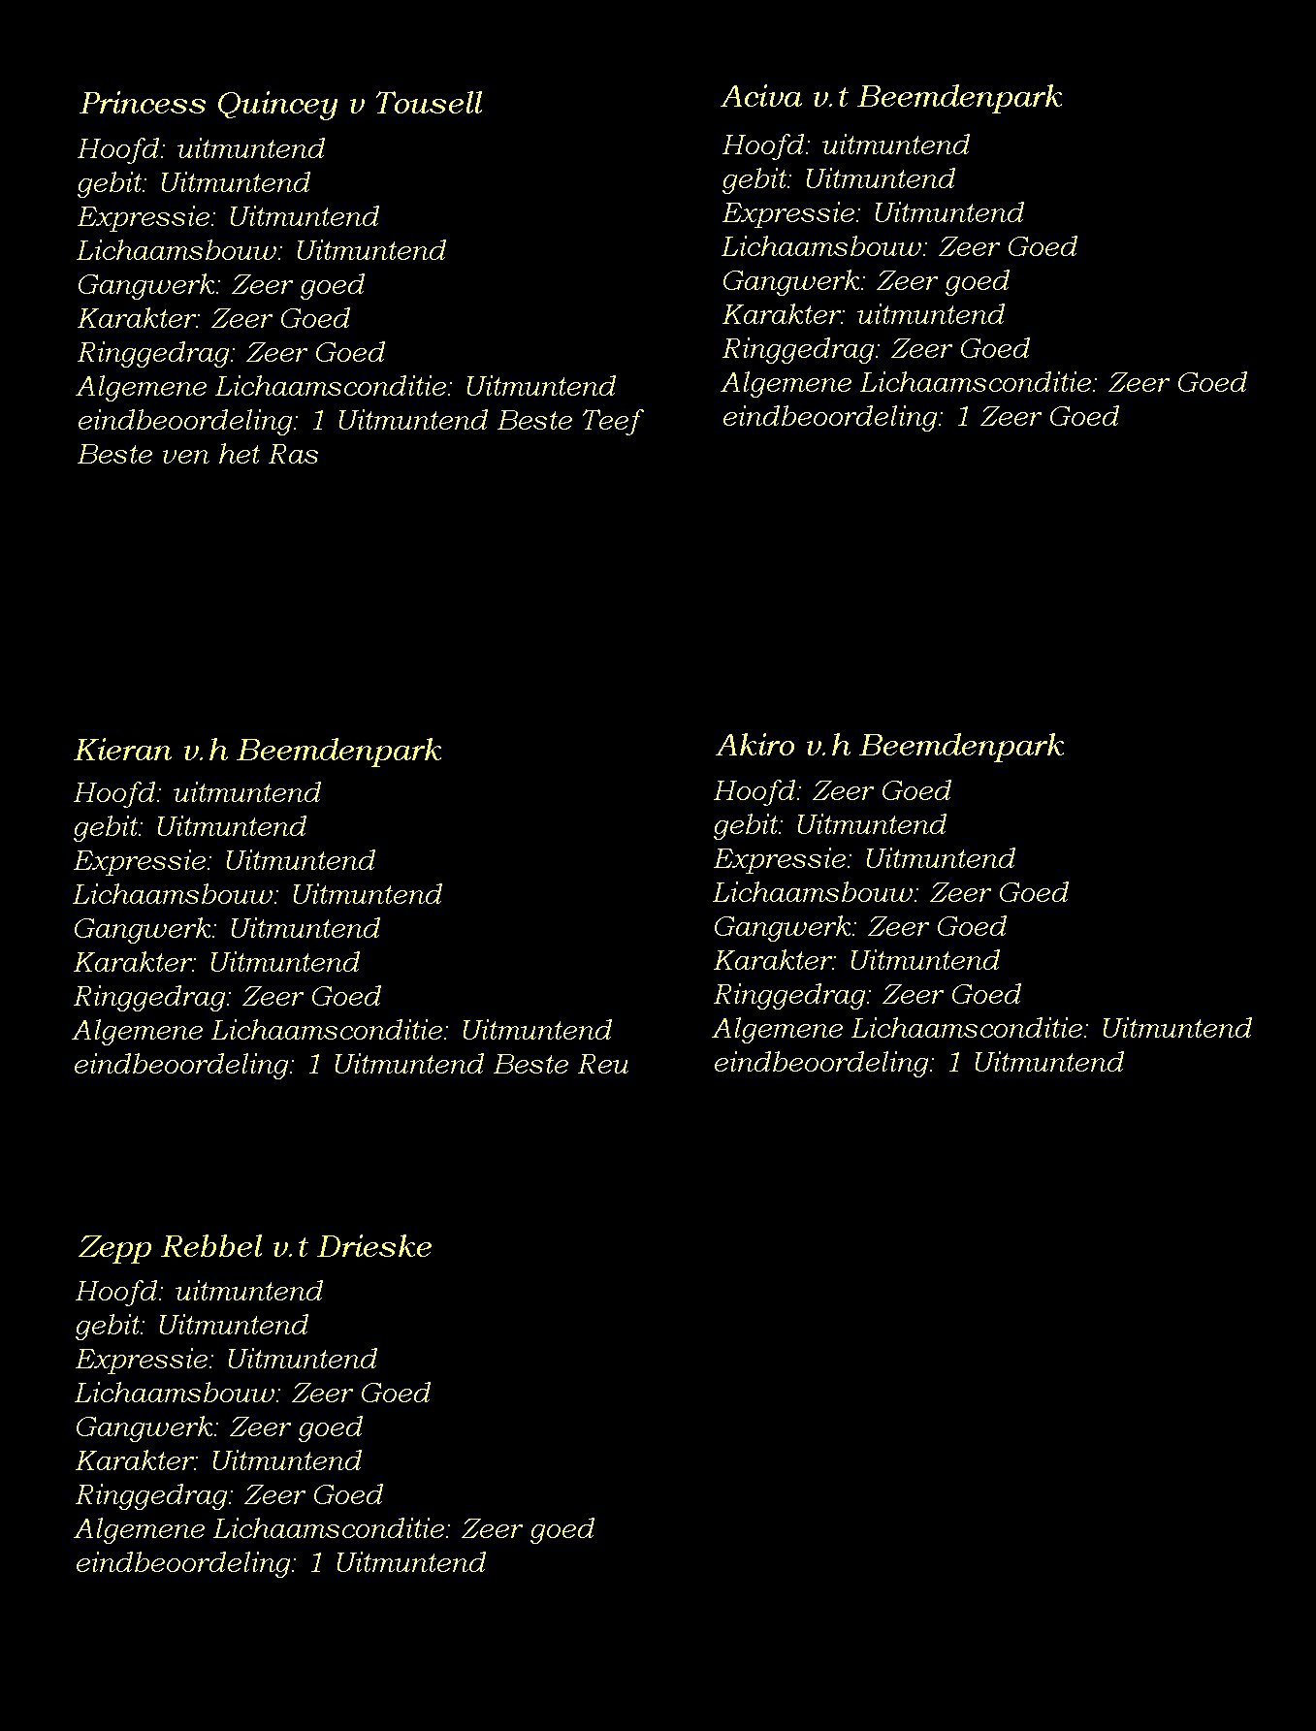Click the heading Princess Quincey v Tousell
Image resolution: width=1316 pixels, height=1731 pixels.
(x=281, y=104)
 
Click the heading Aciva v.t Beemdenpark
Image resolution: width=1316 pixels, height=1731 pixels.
(x=891, y=97)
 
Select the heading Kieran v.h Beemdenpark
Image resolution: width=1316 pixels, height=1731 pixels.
(x=258, y=751)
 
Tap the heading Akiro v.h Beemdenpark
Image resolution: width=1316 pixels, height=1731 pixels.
(x=889, y=746)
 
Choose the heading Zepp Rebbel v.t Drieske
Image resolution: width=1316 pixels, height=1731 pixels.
(x=255, y=1247)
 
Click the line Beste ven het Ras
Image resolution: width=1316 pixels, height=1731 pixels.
(x=198, y=455)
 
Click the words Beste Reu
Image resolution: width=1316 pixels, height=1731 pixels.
(x=562, y=1065)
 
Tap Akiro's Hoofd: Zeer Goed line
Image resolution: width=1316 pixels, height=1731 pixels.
(x=832, y=791)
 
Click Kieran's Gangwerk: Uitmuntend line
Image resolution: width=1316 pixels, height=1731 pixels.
(x=227, y=929)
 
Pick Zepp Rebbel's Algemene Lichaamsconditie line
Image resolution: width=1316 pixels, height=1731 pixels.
(x=335, y=1529)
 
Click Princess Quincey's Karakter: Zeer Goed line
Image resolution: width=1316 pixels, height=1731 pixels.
(x=213, y=319)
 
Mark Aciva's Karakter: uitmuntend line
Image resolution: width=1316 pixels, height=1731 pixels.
(x=863, y=315)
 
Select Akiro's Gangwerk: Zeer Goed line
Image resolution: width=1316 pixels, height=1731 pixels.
(x=859, y=927)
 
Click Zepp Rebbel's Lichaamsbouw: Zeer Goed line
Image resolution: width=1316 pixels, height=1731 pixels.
(x=252, y=1394)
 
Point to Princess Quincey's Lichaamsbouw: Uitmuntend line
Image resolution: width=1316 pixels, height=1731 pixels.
(x=261, y=251)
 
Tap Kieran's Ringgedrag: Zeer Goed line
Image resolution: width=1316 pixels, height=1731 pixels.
(x=227, y=997)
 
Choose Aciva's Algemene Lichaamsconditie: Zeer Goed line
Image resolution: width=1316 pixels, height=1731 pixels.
(x=983, y=383)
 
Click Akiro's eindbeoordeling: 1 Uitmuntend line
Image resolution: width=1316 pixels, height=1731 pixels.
(x=918, y=1063)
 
